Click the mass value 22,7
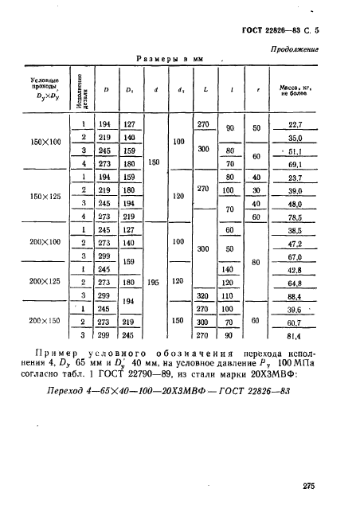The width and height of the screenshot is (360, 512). pos(295,124)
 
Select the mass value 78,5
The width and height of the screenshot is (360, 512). pos(295,217)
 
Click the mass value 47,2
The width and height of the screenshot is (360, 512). pos(295,244)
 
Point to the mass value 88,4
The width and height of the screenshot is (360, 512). pos(295,296)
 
